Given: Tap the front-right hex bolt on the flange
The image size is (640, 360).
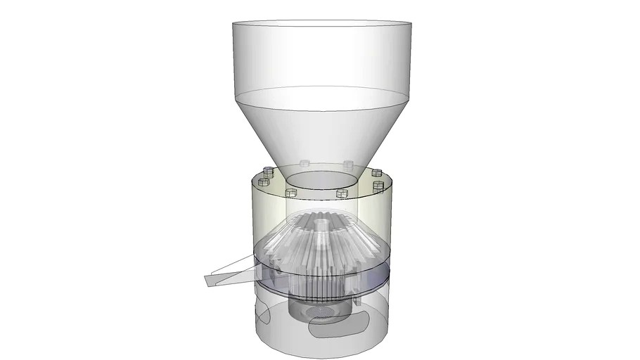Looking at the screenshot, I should [x=342, y=193].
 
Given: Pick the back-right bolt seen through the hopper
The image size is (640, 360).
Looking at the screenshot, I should [x=347, y=164].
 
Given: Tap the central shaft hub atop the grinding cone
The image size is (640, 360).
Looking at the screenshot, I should [x=321, y=225].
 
